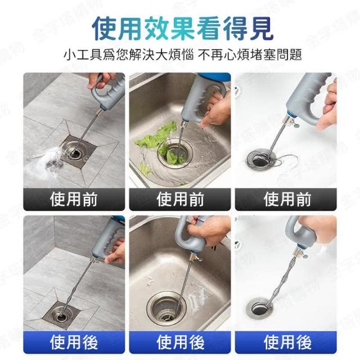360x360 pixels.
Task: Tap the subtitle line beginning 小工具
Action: click(183, 55)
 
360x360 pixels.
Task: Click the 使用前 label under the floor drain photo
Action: click(74, 199)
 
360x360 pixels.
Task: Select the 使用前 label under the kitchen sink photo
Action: click(180, 199)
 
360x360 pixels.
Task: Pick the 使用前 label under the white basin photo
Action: click(287, 199)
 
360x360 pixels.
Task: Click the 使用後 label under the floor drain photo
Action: click(74, 342)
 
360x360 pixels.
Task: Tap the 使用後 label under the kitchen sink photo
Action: click(180, 342)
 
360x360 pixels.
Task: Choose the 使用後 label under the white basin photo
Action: click(287, 342)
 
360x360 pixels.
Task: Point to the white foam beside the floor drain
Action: click(44, 163)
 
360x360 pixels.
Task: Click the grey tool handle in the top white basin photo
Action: click(310, 96)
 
